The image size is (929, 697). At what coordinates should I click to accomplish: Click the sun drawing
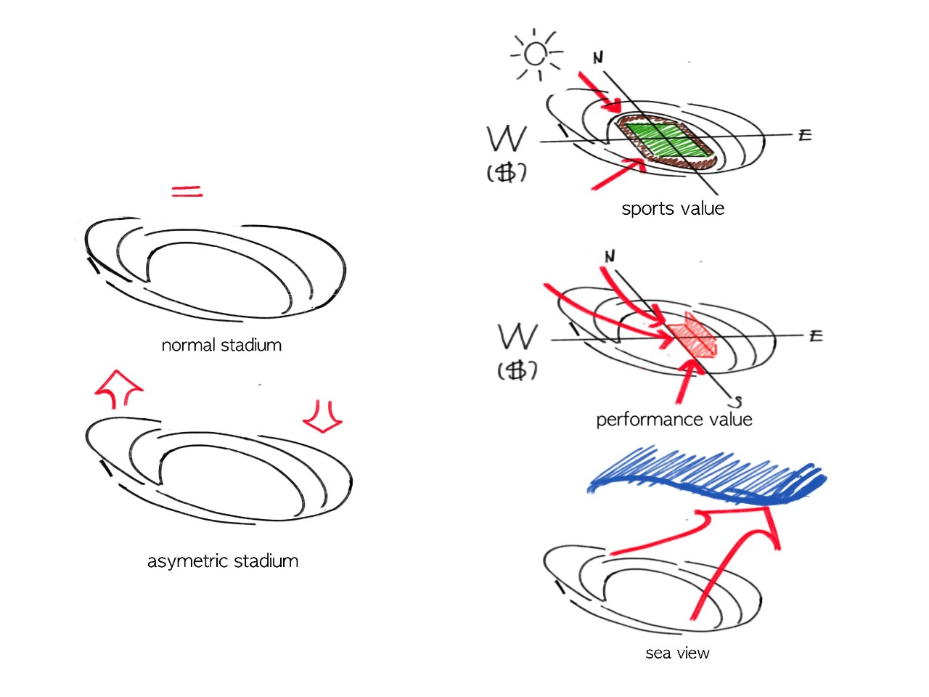536,54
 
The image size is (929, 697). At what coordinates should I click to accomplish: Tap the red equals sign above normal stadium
187,192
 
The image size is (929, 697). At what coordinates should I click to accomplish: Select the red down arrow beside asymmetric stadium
322,416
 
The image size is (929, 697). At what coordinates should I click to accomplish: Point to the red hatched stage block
692,336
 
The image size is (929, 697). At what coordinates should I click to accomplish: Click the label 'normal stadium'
221,345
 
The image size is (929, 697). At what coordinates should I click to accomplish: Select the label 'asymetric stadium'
223,561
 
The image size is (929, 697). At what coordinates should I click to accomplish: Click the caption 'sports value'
673,208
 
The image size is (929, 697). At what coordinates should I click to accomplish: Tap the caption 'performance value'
674,419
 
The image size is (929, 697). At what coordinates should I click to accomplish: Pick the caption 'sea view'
677,653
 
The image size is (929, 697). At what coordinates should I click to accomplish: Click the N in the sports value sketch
598,57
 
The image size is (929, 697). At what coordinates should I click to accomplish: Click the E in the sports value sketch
804,135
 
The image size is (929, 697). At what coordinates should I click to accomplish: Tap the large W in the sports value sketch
507,139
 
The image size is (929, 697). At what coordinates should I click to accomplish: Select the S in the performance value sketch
737,401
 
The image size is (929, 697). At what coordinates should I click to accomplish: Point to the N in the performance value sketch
610,256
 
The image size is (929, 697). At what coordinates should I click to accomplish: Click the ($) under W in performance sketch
517,371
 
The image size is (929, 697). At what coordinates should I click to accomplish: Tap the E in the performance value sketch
815,335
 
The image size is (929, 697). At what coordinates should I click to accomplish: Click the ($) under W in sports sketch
506,173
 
